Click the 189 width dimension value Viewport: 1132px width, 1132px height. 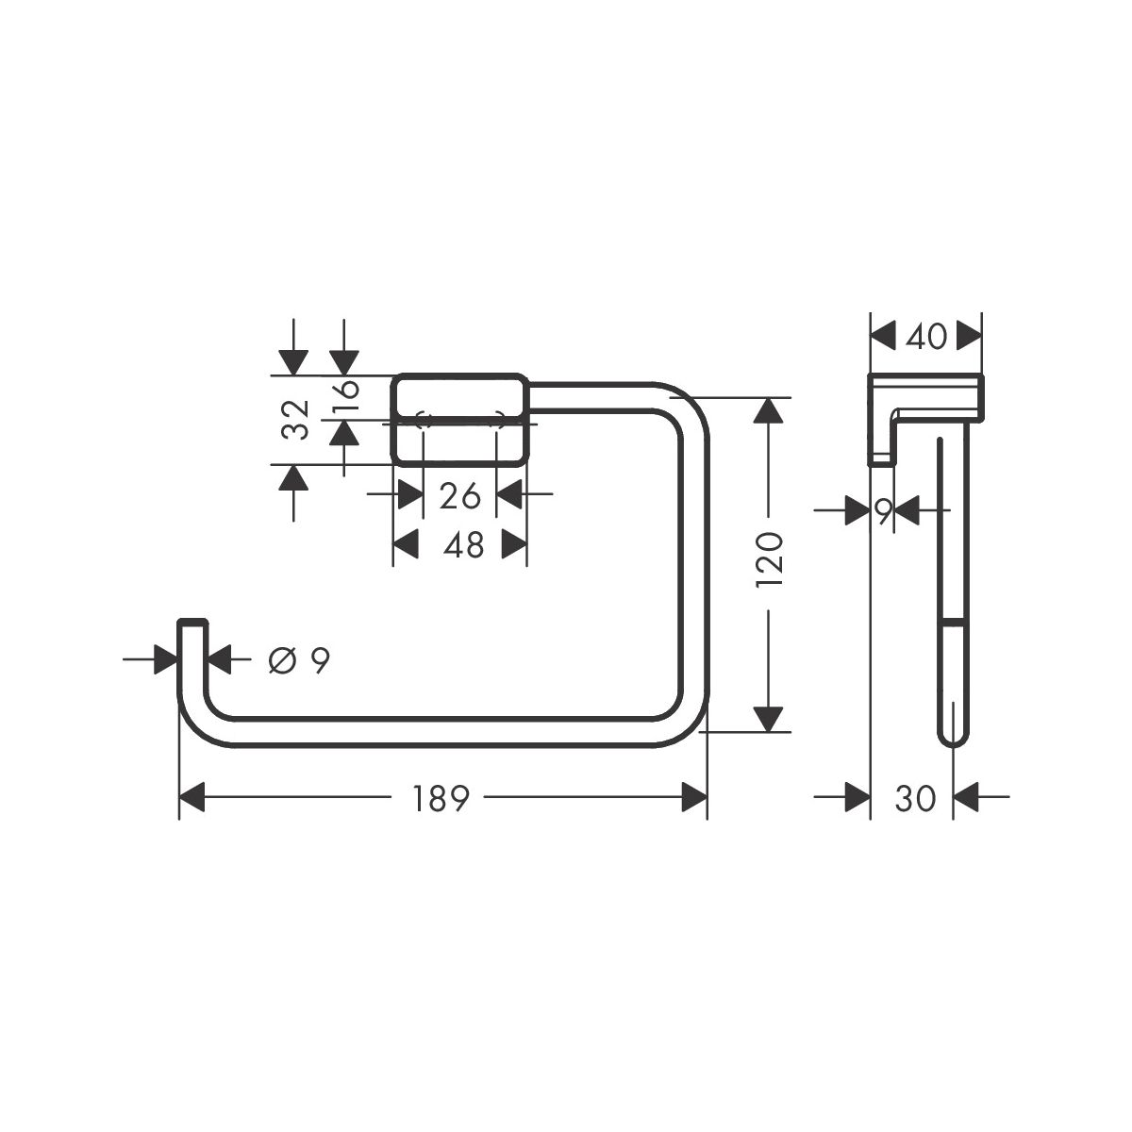click(x=441, y=798)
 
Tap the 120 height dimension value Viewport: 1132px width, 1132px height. click(x=769, y=558)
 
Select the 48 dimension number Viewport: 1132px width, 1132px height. click(x=463, y=545)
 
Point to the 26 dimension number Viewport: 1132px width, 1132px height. click(x=459, y=496)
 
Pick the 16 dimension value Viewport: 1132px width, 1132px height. click(x=347, y=397)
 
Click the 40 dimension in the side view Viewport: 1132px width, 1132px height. click(x=925, y=337)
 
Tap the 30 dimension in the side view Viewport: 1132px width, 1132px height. click(x=915, y=798)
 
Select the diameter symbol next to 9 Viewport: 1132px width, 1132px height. click(x=281, y=661)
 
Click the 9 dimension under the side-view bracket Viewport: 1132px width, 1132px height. click(x=884, y=511)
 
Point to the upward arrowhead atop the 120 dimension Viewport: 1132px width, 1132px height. click(x=769, y=409)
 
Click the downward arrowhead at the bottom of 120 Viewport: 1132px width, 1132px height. click(x=769, y=720)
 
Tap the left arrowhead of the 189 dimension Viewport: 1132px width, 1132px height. click(x=192, y=797)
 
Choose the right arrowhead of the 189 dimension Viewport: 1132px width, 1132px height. click(x=694, y=797)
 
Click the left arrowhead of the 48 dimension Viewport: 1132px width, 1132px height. click(x=406, y=544)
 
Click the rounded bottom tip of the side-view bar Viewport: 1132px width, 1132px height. click(x=953, y=742)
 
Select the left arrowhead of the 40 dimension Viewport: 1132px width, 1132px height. click(x=883, y=336)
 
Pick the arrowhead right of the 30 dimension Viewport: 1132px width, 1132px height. click(x=966, y=797)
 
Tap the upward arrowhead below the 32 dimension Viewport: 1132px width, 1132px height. click(x=293, y=477)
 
